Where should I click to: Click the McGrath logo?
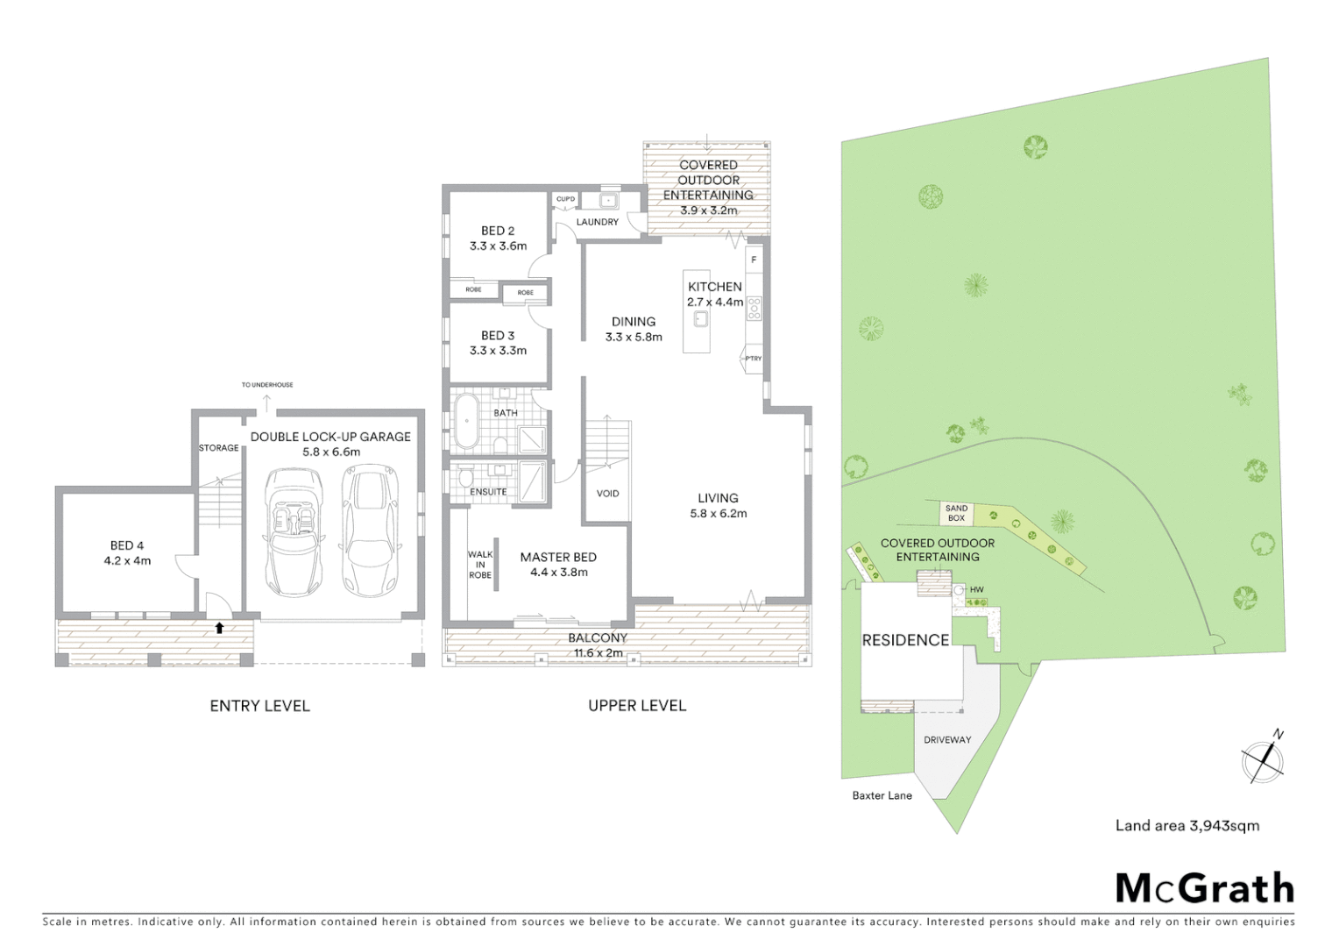[1204, 889]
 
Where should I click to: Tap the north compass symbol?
[1263, 759]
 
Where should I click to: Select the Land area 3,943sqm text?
[1187, 825]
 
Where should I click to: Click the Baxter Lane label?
[882, 796]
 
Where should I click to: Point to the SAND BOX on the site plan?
[956, 513]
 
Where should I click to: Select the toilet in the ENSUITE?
[464, 478]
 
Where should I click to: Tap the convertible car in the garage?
[293, 531]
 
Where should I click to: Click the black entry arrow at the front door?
[219, 628]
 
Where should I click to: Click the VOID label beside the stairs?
[607, 494]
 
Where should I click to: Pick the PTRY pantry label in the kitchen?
[753, 359]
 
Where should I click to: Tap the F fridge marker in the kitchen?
[754, 260]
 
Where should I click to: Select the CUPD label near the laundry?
[566, 200]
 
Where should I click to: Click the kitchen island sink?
[699, 318]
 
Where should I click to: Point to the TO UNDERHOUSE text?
[267, 385]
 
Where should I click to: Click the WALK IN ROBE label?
[480, 565]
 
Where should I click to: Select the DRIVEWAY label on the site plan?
[947, 740]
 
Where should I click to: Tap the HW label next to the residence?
[976, 590]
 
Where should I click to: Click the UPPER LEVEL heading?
[637, 706]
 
